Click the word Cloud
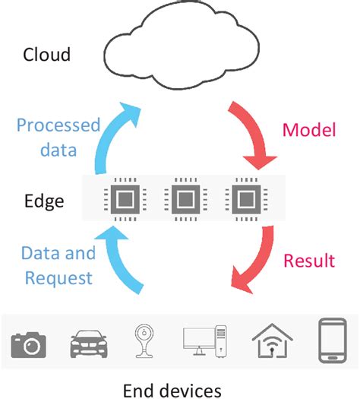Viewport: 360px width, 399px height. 47,55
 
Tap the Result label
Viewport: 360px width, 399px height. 308,261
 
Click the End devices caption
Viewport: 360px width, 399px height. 172,390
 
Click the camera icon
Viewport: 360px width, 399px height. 29,344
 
